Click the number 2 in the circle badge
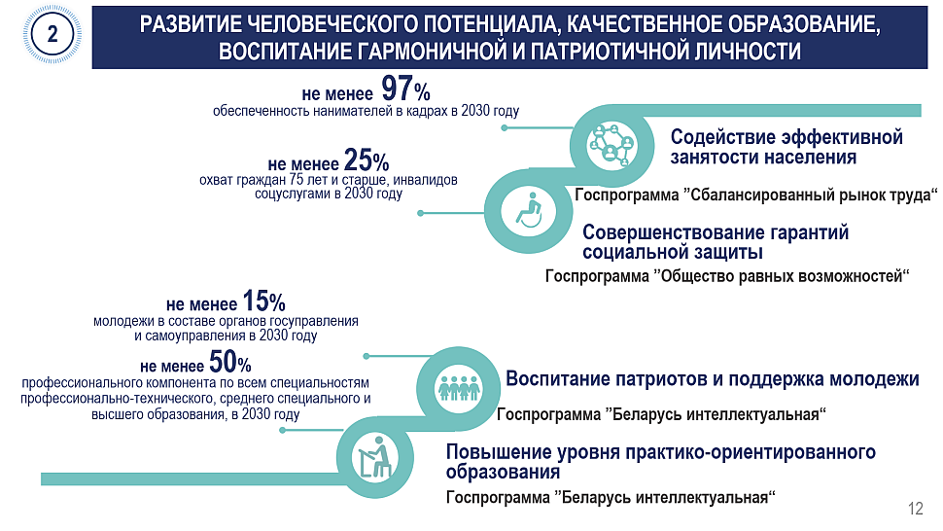click(52, 34)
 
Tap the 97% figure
click(406, 89)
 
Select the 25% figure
click(367, 160)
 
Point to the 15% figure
click(264, 301)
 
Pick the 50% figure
click(230, 362)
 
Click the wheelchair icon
click(529, 210)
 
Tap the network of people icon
click(611, 145)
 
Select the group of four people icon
click(459, 388)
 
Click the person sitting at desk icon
click(374, 457)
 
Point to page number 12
click(916, 509)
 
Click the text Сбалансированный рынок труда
click(811, 195)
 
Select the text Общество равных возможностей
click(782, 276)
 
